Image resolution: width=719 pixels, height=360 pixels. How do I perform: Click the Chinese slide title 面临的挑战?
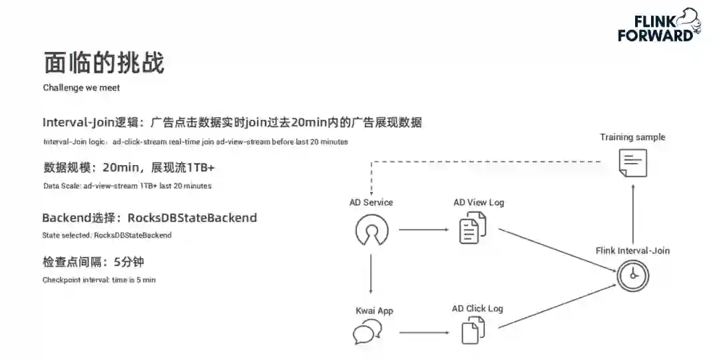coord(104,63)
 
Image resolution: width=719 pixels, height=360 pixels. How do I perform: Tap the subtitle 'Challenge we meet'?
coord(81,88)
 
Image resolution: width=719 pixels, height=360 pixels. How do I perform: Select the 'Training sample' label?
coord(632,137)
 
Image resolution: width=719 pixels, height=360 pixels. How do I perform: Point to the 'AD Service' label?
coord(371,202)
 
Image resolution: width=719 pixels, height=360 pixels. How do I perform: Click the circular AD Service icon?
coord(371,230)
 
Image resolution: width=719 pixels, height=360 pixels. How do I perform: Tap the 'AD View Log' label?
coord(479,202)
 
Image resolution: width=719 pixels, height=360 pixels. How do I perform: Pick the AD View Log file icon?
coord(473,230)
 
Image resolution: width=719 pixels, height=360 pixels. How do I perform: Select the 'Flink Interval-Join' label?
coord(632,251)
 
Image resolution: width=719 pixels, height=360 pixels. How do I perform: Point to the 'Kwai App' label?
coord(374,311)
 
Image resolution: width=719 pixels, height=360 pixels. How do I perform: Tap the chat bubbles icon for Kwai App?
coord(367,332)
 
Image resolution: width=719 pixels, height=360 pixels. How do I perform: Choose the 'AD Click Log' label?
coord(477,309)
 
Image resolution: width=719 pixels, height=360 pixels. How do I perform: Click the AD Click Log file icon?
coord(473,331)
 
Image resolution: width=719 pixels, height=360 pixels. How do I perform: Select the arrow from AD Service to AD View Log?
coord(423,230)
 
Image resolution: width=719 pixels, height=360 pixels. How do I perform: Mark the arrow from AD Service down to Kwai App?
coord(371,271)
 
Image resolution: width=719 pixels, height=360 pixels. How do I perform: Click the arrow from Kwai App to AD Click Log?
coord(423,332)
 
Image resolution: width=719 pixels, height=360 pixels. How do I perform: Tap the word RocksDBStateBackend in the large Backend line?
coord(192,218)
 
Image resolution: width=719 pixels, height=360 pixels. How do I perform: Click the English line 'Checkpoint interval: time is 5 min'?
coord(99,280)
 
